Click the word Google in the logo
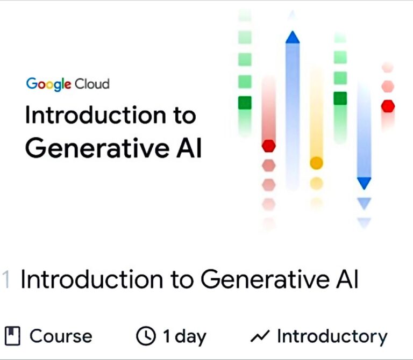48,84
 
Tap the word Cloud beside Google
92,84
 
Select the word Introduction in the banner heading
96,115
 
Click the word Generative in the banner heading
97,148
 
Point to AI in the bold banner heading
189,148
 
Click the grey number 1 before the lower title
6,279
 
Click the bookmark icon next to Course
13,336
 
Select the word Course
61,336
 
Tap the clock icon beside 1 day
146,336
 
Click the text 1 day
184,336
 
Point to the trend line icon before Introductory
260,336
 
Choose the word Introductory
332,336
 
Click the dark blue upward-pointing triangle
293,37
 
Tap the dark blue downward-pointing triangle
364,183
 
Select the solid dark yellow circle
316,163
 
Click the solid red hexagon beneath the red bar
269,146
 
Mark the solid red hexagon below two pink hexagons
388,106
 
